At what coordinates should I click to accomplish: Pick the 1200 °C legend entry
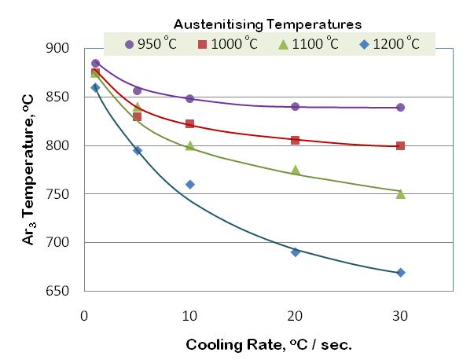(x=391, y=43)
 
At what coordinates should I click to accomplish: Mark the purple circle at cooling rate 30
(x=401, y=107)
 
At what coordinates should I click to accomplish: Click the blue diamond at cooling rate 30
(x=401, y=273)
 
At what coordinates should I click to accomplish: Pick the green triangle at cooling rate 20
(x=296, y=170)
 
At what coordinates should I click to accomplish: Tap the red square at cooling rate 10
(x=189, y=124)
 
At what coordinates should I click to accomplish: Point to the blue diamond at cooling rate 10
(x=189, y=184)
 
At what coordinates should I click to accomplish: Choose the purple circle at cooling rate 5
(x=137, y=90)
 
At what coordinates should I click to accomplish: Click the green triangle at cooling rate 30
(x=401, y=193)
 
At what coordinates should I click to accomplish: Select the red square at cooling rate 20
(x=296, y=140)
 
